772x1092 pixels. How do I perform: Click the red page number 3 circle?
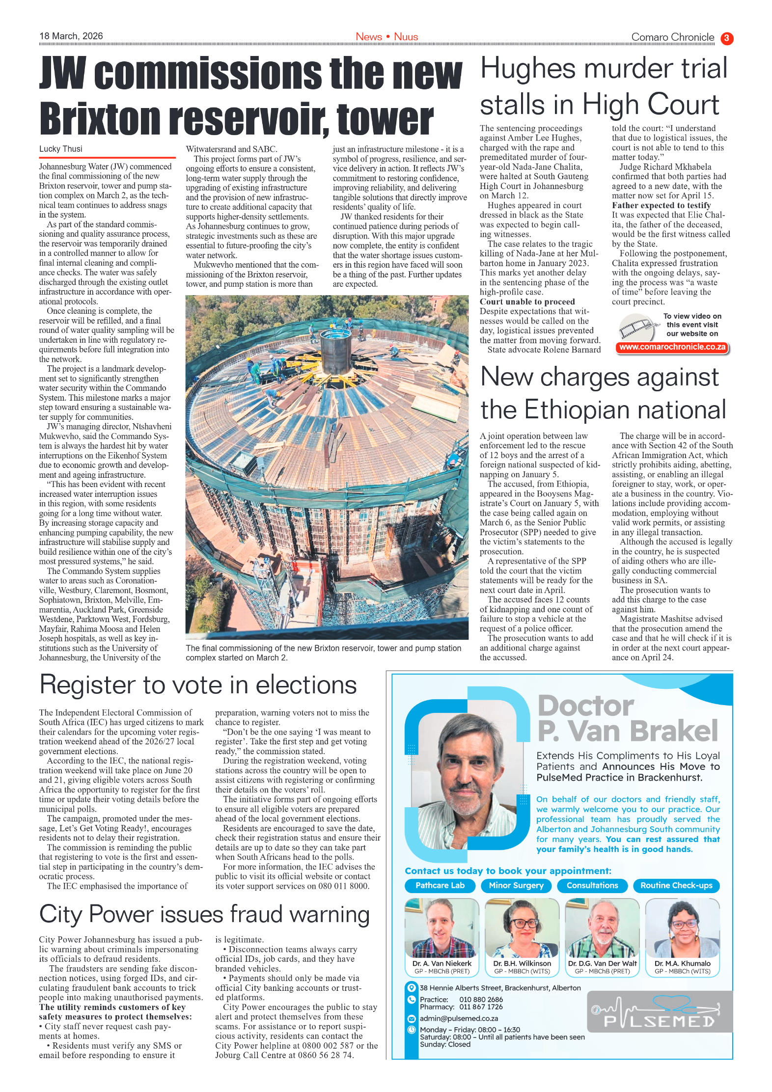point(727,38)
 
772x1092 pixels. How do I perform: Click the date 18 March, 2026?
point(71,36)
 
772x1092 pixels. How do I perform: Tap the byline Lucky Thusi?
point(61,149)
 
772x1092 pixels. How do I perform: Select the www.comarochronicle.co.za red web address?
point(672,347)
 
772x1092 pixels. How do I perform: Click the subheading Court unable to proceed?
point(527,301)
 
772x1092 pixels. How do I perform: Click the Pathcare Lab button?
point(440,885)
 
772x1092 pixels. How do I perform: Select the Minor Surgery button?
point(516,885)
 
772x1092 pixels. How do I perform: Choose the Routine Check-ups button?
point(676,885)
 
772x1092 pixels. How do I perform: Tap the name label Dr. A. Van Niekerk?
point(441,963)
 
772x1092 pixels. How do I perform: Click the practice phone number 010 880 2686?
point(481,999)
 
